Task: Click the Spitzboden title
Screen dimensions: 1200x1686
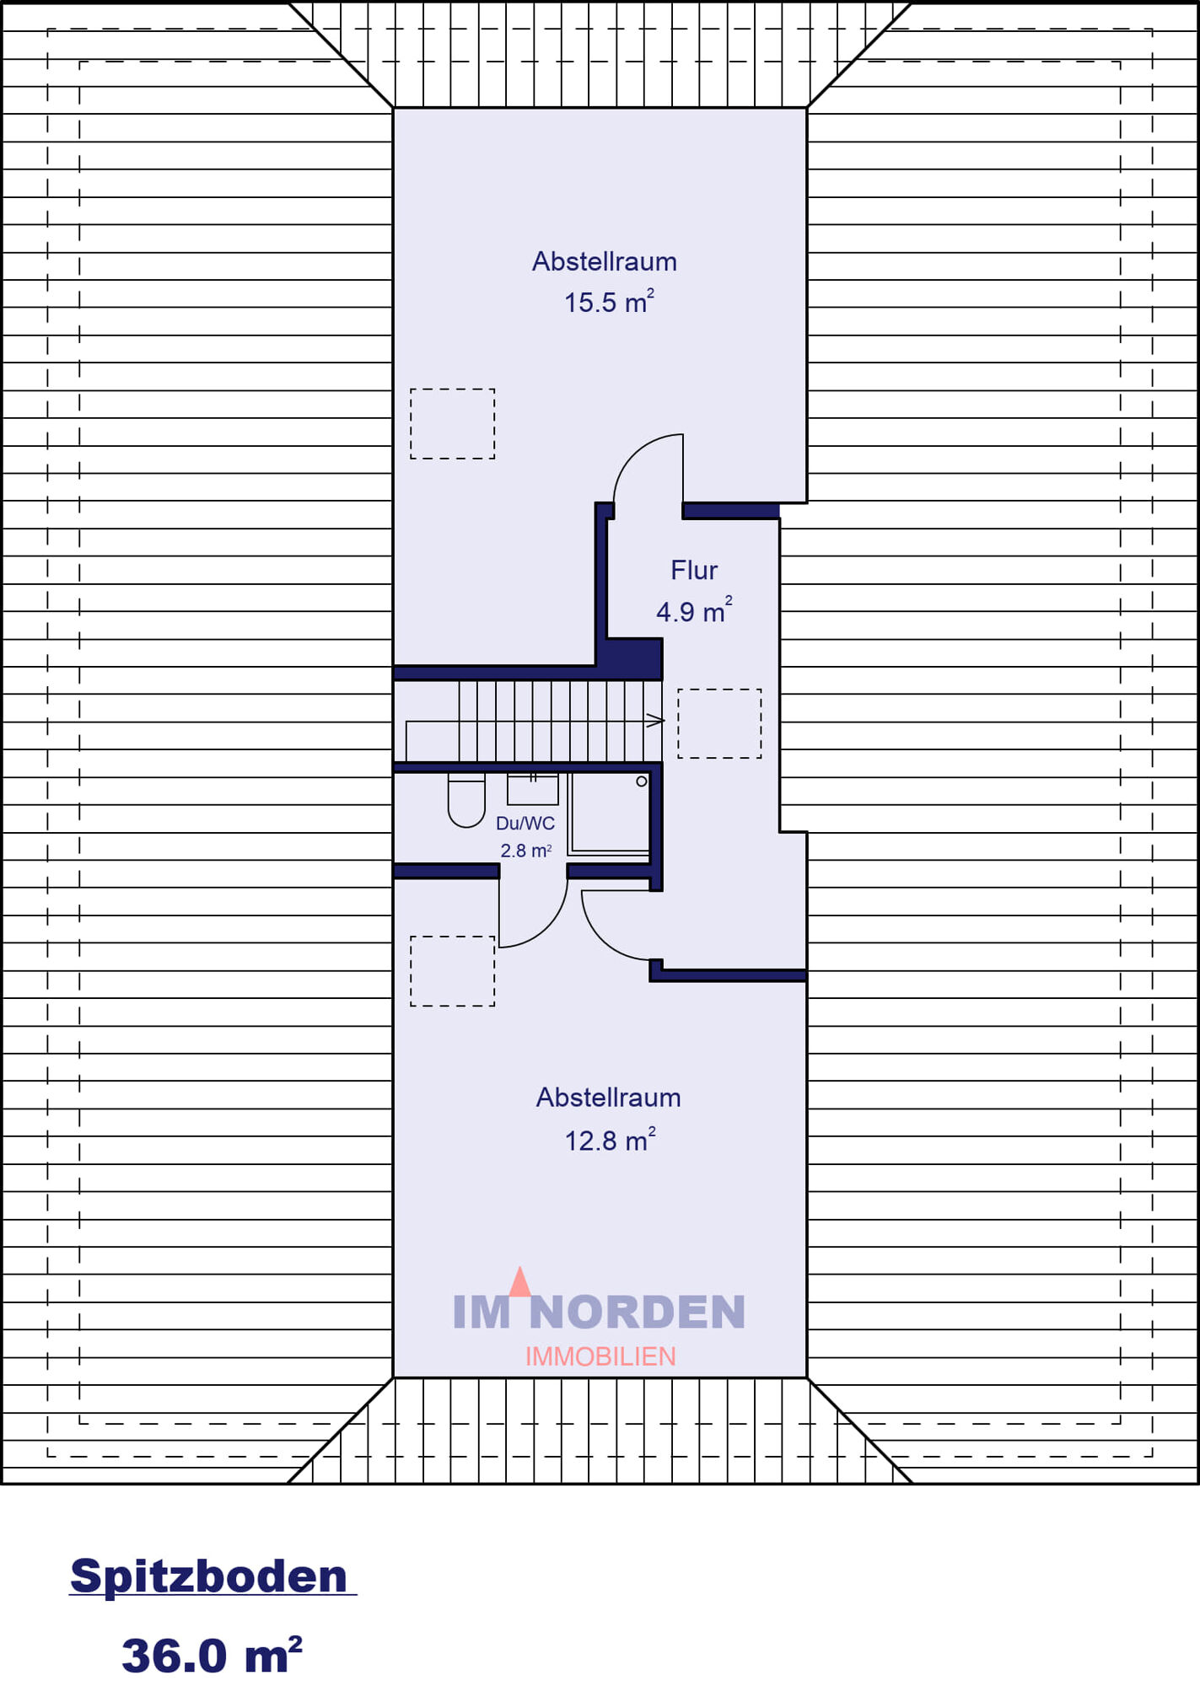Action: (209, 1576)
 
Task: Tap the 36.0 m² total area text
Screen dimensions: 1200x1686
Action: (212, 1654)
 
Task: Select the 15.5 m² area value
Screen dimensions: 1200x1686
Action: (609, 301)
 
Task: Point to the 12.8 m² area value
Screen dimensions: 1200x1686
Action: (610, 1140)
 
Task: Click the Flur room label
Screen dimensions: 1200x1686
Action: (694, 571)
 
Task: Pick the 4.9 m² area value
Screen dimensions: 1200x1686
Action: (694, 610)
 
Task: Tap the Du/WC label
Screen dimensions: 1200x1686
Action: (525, 824)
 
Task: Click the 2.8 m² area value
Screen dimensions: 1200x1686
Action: (526, 851)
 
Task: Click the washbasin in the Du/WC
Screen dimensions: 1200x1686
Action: (532, 789)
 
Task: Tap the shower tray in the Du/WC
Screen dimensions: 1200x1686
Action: (609, 814)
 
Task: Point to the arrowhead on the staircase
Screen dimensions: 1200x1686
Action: (655, 721)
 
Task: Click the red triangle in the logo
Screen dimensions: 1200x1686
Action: (520, 1282)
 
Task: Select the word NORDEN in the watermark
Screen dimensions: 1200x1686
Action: (638, 1312)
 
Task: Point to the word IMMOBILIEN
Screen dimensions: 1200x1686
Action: (600, 1356)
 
